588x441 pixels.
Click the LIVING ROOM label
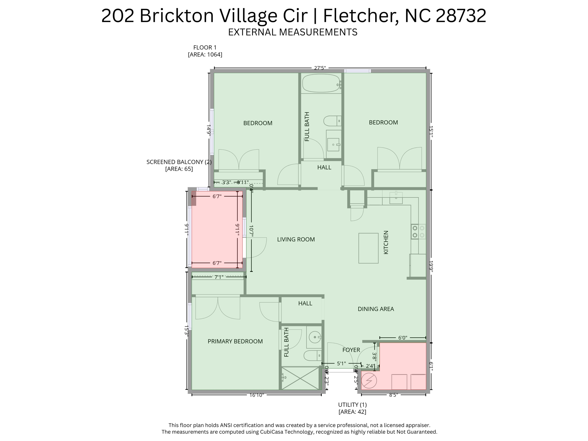click(296, 239)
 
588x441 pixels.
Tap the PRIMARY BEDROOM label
click(235, 341)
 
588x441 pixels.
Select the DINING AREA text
click(376, 309)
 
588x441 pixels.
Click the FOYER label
click(351, 350)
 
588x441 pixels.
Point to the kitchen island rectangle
click(368, 248)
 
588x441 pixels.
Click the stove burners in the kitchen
click(418, 232)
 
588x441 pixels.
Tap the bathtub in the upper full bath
click(321, 83)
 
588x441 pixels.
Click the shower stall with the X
click(300, 378)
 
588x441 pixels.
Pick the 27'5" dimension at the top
click(320, 68)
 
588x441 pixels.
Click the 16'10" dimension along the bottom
click(256, 395)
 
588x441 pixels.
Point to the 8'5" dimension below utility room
click(393, 395)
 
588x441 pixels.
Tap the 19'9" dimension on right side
click(431, 266)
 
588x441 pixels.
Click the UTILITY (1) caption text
click(352, 405)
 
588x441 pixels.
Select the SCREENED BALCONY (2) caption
click(179, 162)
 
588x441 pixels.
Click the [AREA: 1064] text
click(205, 55)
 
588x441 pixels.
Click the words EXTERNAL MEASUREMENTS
click(293, 32)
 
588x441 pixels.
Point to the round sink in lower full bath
click(315, 337)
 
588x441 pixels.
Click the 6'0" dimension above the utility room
click(403, 338)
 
